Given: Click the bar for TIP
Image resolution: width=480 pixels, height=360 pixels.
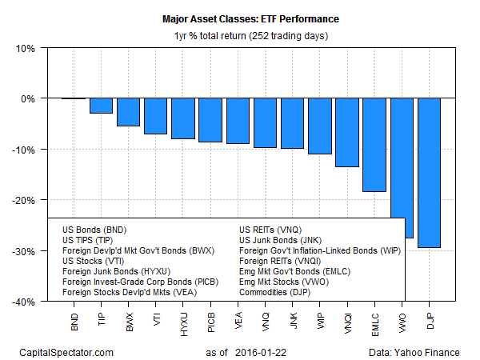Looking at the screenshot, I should point(101,106).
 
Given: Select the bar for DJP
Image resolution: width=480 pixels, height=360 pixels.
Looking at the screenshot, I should point(429,173).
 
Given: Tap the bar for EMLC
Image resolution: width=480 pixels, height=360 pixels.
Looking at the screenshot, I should point(374,145).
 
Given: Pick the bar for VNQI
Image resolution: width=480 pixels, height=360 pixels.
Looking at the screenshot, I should point(347,132).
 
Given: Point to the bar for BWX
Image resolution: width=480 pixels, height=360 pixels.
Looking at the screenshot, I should point(128,112).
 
